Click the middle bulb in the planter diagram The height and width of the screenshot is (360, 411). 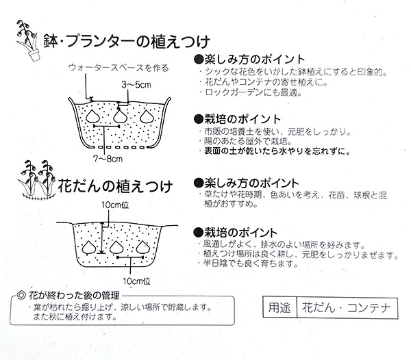click(x=121, y=117)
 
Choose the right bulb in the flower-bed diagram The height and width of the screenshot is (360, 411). click(x=143, y=246)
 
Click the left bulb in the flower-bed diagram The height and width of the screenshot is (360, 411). click(x=89, y=246)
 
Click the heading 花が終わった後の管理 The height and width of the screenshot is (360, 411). click(x=74, y=296)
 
